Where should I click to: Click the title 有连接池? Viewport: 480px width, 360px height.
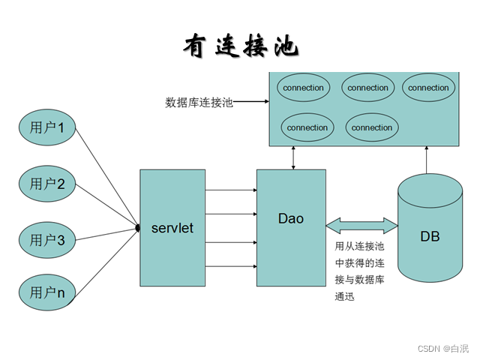pyautogui.click(x=240, y=46)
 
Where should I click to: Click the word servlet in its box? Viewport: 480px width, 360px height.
pyautogui.click(x=172, y=227)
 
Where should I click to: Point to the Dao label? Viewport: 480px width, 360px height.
pyautogui.click(x=291, y=219)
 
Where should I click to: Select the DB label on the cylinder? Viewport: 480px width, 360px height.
pyautogui.click(x=430, y=236)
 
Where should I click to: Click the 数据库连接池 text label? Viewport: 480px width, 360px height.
pyautogui.click(x=199, y=102)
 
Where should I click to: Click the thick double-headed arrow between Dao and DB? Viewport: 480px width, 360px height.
pyautogui.click(x=361, y=223)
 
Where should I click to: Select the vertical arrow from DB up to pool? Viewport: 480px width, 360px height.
pyautogui.click(x=426, y=159)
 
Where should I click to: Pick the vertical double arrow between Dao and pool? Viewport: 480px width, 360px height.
pyautogui.click(x=293, y=157)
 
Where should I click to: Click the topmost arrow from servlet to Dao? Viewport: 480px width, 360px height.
pyautogui.click(x=231, y=189)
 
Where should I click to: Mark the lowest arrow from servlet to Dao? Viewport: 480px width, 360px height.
pyautogui.click(x=231, y=266)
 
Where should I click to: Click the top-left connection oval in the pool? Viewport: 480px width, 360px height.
pyautogui.click(x=304, y=88)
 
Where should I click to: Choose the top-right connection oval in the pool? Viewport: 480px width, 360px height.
pyautogui.click(x=428, y=88)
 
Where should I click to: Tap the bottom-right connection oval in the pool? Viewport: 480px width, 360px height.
pyautogui.click(x=372, y=127)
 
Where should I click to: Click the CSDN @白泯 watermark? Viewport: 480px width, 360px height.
pyautogui.click(x=442, y=349)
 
